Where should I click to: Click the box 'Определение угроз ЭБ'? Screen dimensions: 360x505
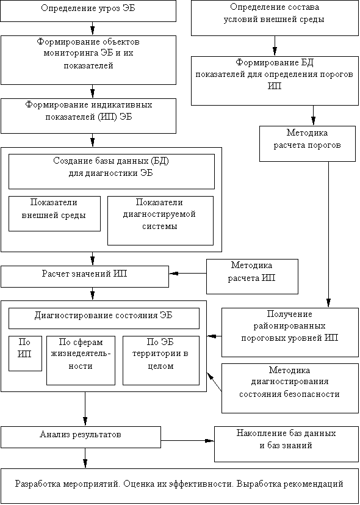tap(88, 11)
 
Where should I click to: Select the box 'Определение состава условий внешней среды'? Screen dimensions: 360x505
tap(275, 18)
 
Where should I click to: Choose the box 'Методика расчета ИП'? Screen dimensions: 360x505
tap(252, 277)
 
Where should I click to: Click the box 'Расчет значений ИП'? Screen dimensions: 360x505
tap(85, 277)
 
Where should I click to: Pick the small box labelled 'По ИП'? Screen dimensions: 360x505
tap(25, 354)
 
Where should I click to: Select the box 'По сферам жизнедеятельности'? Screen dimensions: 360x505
tap(81, 360)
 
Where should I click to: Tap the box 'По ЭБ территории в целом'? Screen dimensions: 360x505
tap(161, 360)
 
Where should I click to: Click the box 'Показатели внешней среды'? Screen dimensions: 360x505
tap(54, 214)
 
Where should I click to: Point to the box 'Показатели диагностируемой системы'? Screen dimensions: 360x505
tap(160, 220)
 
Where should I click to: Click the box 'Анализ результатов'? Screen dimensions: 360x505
tap(81, 437)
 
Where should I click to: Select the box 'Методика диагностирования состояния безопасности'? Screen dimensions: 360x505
tap(290, 388)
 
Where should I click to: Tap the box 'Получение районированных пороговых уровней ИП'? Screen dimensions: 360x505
tap(290, 332)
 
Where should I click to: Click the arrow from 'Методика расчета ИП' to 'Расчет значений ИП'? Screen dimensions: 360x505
tap(187, 274)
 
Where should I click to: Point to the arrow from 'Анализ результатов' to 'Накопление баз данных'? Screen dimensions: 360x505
tap(187, 440)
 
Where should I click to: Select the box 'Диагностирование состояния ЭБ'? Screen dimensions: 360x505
tap(104, 318)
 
